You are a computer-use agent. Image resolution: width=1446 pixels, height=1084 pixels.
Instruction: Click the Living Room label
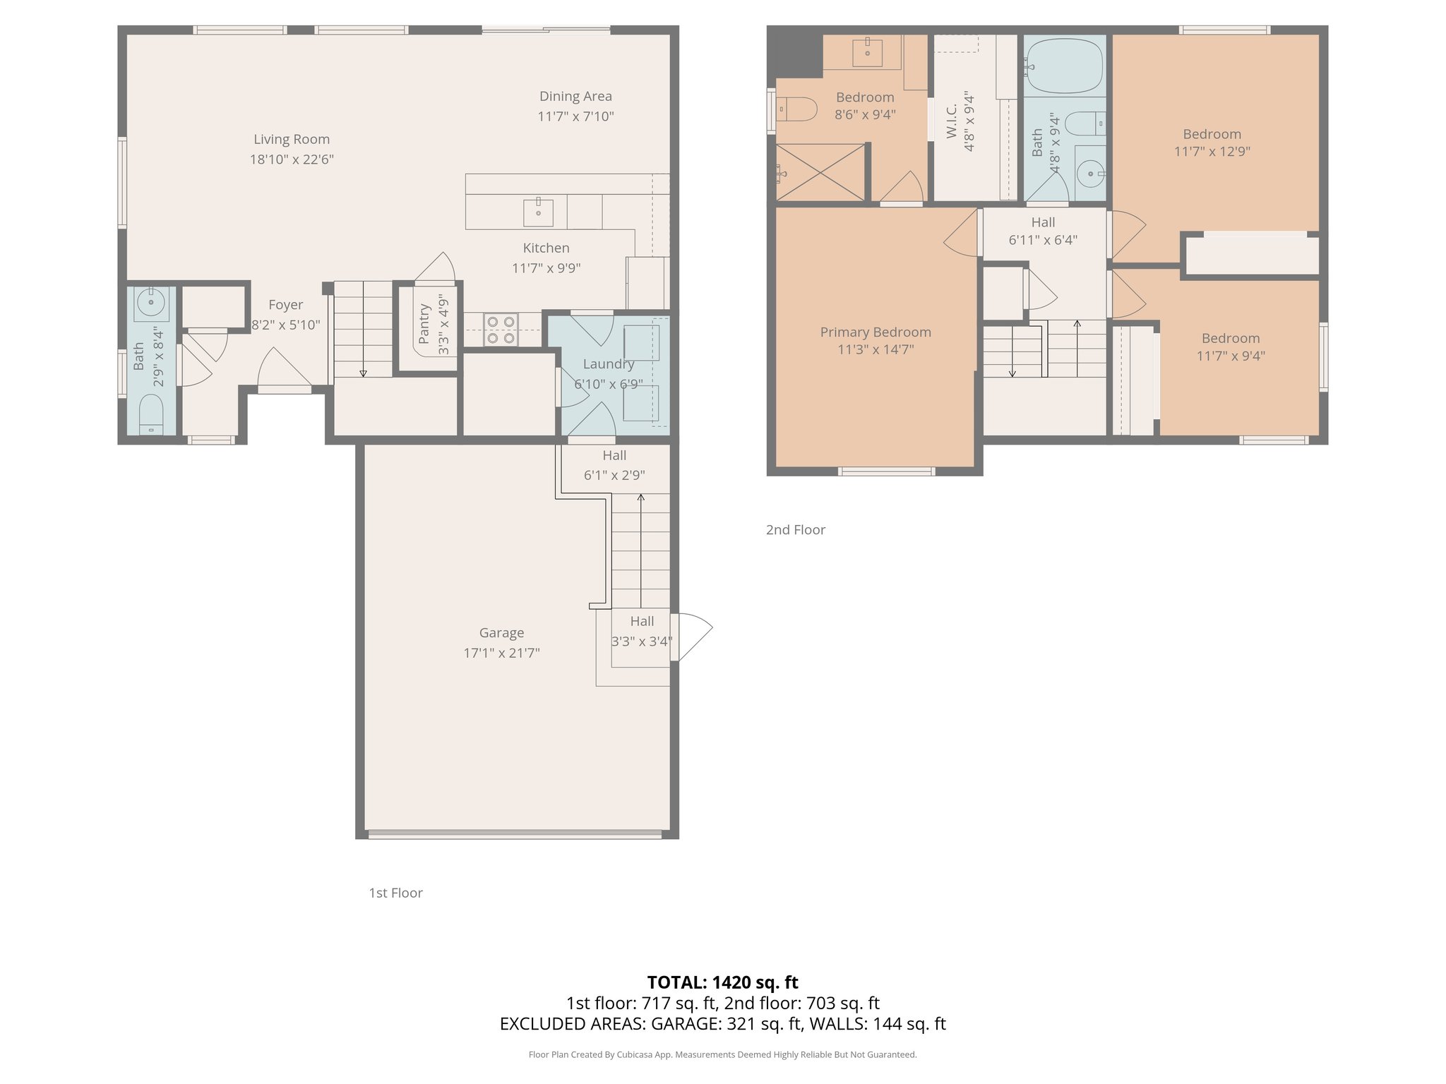(x=292, y=140)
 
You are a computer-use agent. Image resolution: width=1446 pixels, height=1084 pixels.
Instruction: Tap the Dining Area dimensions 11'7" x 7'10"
(x=575, y=116)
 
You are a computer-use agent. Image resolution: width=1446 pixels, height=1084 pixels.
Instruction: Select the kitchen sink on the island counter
(x=538, y=212)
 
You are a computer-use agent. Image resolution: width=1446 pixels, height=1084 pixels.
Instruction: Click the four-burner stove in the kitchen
(x=501, y=330)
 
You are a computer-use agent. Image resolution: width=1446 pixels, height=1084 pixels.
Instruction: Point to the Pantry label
(x=424, y=324)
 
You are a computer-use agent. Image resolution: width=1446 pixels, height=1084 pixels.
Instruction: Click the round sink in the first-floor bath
(x=150, y=303)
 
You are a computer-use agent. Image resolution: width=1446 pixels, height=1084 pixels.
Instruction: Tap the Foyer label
(x=285, y=305)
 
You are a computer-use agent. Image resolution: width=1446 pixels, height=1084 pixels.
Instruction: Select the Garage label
(x=501, y=633)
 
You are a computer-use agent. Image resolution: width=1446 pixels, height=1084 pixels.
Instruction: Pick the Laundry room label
(x=608, y=364)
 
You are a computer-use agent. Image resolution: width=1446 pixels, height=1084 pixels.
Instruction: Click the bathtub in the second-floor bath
(x=1064, y=67)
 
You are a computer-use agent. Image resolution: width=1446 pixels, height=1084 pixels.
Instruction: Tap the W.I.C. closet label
(x=951, y=121)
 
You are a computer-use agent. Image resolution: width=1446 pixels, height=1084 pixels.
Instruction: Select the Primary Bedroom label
(x=876, y=332)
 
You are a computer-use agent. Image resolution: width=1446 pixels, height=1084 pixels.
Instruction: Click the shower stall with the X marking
(x=820, y=172)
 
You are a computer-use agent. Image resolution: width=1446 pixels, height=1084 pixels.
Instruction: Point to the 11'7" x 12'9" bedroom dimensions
(x=1212, y=152)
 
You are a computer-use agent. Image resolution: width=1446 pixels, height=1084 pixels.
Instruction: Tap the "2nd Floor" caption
(x=795, y=530)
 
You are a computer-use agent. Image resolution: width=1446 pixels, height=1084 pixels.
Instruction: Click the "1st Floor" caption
(x=395, y=893)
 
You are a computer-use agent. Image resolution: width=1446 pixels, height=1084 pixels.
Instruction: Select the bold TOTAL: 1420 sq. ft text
(x=722, y=982)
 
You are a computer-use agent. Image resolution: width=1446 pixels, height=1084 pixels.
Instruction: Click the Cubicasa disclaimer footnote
(x=722, y=1055)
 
